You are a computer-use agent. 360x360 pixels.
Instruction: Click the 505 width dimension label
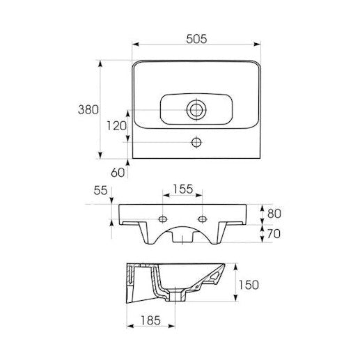click(196, 39)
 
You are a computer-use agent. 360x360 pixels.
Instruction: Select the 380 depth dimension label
click(88, 109)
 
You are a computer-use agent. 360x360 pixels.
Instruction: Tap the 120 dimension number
click(116, 126)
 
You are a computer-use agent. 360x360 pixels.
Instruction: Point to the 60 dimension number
click(118, 173)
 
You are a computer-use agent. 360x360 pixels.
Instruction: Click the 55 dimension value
click(100, 191)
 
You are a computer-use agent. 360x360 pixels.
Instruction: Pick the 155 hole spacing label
click(183, 189)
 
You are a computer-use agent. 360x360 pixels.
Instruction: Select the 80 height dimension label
click(274, 214)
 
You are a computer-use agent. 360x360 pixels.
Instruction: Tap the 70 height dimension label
click(274, 234)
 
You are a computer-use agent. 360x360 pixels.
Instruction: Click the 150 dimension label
click(249, 285)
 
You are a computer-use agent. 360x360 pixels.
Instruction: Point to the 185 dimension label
click(150, 321)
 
